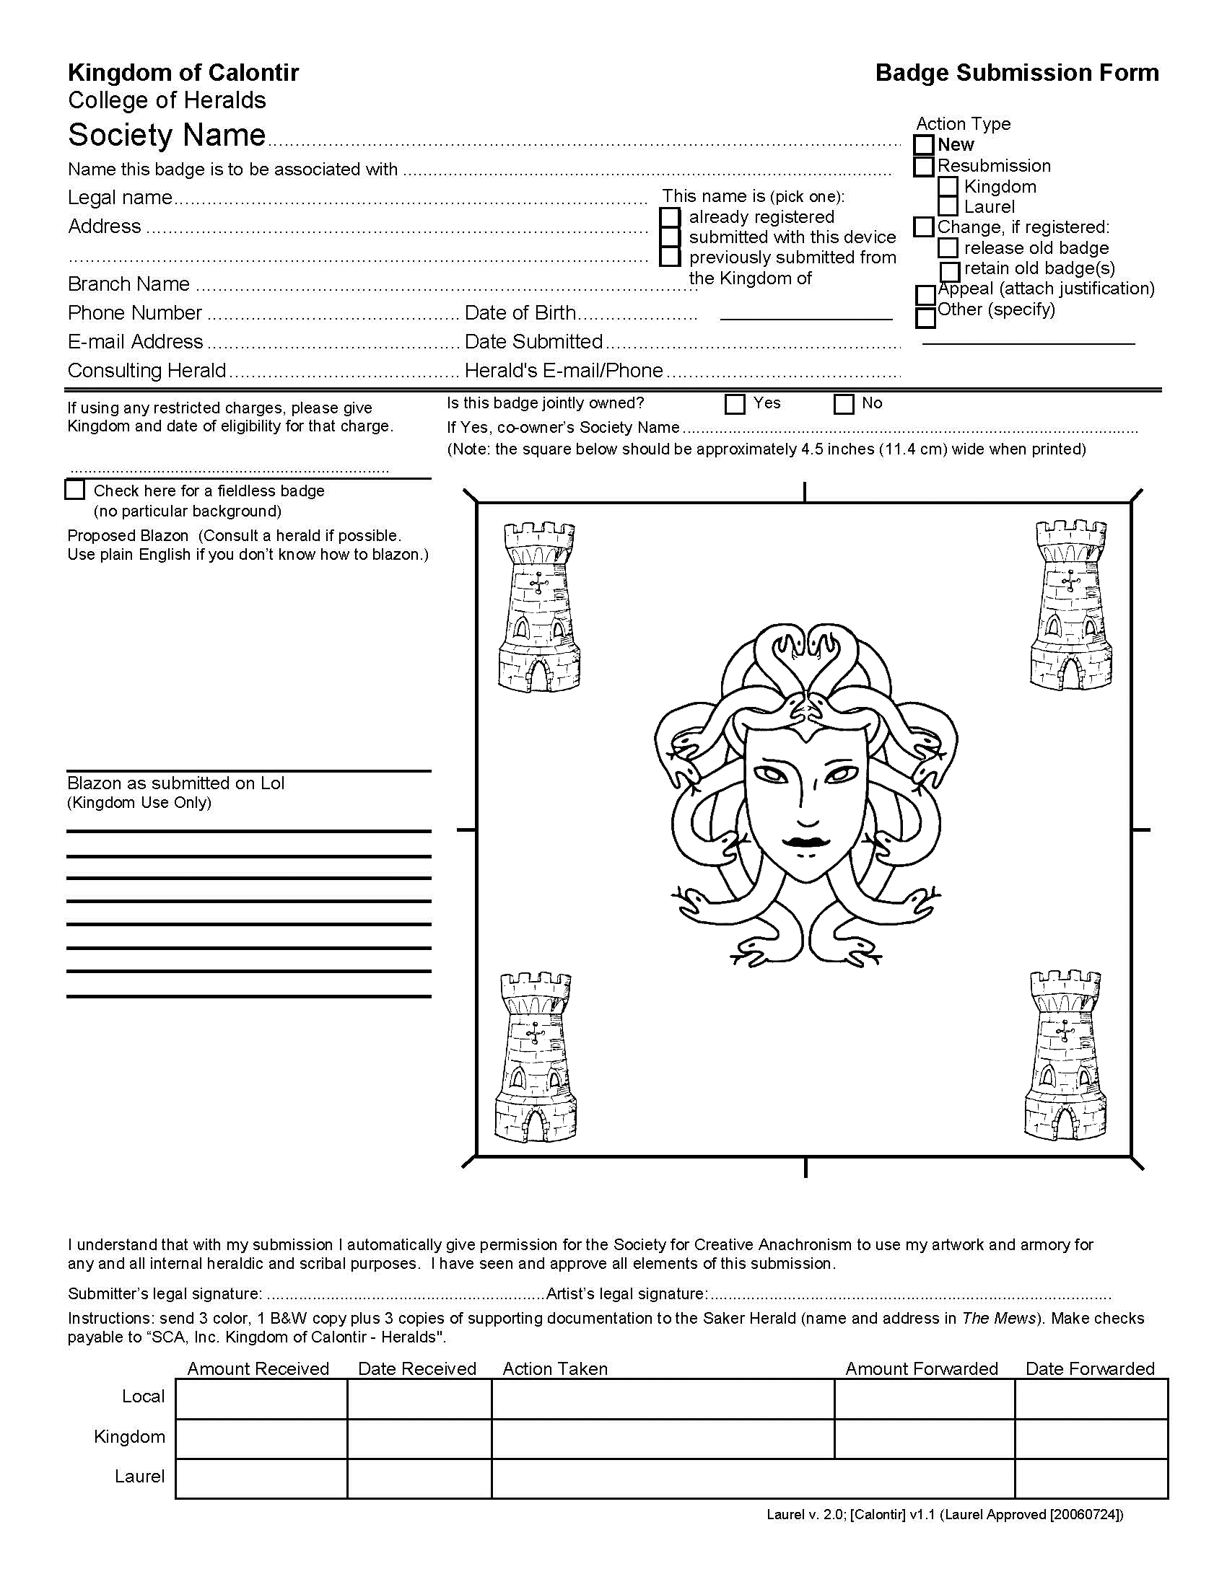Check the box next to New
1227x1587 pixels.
[x=923, y=145]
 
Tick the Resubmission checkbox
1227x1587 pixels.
[x=923, y=167]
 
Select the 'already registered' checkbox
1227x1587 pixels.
[x=671, y=217]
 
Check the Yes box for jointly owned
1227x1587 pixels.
[x=735, y=404]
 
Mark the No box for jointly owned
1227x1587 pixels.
[x=843, y=404]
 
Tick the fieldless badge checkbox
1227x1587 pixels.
[x=75, y=490]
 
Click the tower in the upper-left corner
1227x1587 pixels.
[x=538, y=606]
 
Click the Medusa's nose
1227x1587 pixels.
[x=808, y=806]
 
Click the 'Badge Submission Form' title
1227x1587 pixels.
[x=1016, y=73]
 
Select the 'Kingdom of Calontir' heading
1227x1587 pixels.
[x=183, y=73]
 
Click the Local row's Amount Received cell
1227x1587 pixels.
[x=261, y=1399]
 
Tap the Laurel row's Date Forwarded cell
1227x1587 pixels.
[x=1091, y=1478]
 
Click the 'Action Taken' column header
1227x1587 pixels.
[x=554, y=1369]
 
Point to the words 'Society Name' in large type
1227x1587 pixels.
[x=167, y=135]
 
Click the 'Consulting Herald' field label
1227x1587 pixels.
[x=147, y=371]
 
